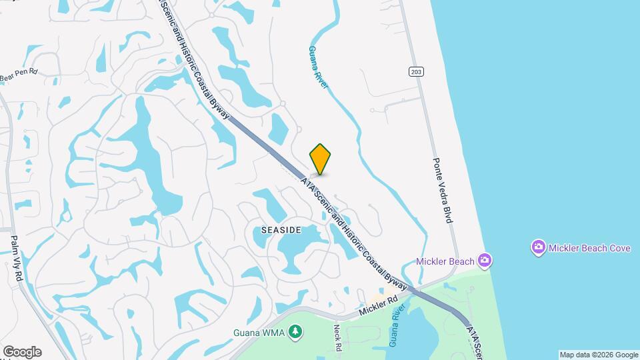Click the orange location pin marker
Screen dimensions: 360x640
[x=321, y=159]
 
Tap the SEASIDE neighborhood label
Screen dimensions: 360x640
[x=281, y=230]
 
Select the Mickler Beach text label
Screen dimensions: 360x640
[x=445, y=261]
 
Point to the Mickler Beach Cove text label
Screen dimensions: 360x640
[x=590, y=248]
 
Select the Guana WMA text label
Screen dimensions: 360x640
[x=259, y=332]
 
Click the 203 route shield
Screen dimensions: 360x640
[x=417, y=72]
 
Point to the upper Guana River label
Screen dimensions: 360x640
[x=318, y=64]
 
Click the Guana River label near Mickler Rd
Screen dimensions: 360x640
[x=397, y=325]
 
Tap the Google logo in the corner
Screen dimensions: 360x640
[x=22, y=351]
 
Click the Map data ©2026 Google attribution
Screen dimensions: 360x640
[x=598, y=355]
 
